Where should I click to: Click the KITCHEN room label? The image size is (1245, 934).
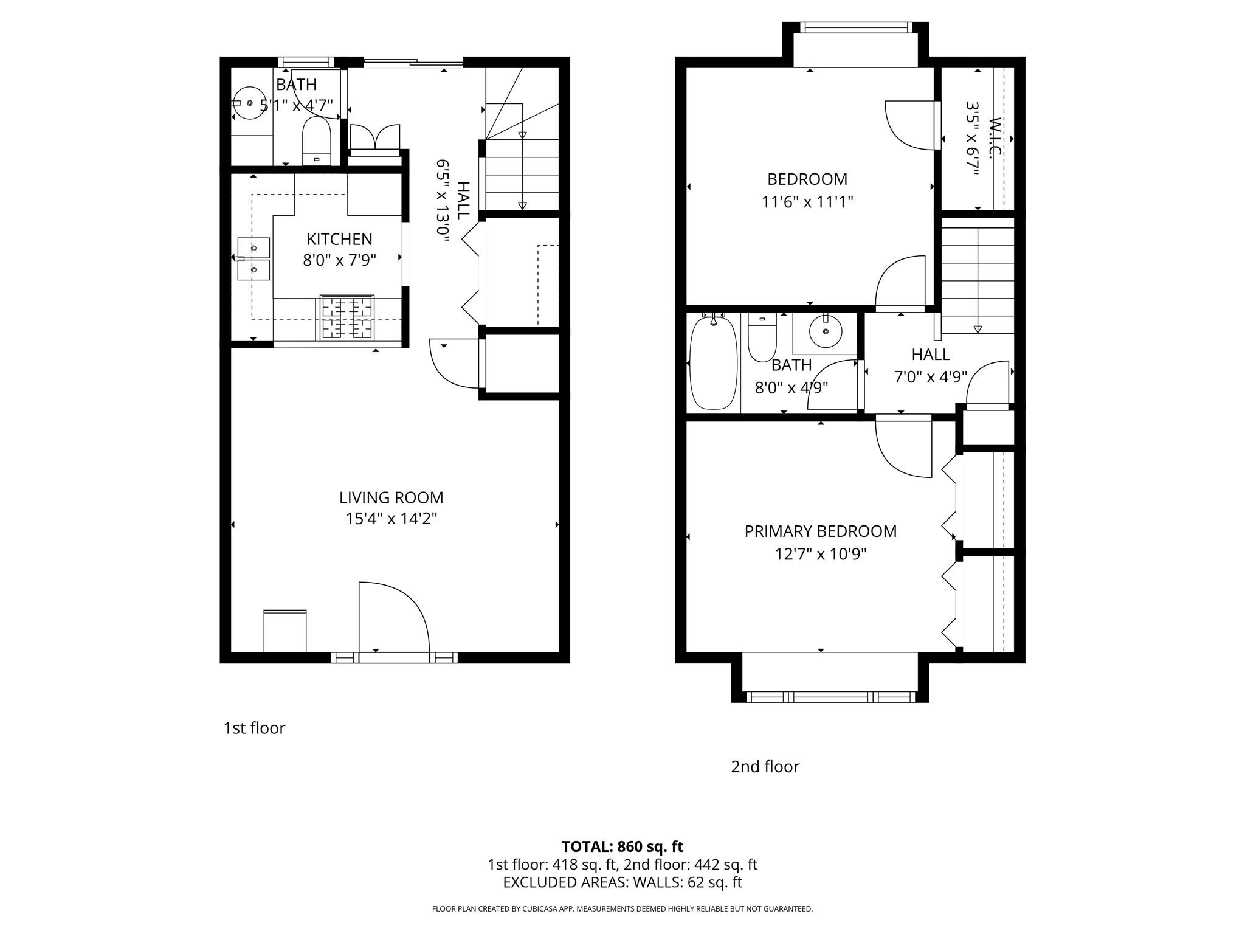(x=339, y=239)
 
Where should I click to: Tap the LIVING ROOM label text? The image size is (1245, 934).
(x=391, y=497)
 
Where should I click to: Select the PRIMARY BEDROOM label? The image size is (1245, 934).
(x=820, y=531)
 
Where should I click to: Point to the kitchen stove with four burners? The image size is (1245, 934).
(x=347, y=317)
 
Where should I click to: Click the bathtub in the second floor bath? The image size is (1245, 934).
(x=714, y=363)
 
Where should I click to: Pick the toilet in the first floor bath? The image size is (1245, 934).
(x=316, y=140)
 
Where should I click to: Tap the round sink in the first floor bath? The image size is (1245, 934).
(x=249, y=103)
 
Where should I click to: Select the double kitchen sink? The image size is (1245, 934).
(x=253, y=258)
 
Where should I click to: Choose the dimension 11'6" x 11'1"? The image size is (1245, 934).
(x=807, y=201)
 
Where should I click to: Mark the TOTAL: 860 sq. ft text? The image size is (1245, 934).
(x=622, y=846)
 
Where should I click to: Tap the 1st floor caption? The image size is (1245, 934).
(x=254, y=728)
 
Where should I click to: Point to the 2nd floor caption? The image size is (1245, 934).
(x=765, y=766)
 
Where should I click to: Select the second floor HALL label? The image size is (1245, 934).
(x=930, y=354)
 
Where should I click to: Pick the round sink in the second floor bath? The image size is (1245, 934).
(x=826, y=331)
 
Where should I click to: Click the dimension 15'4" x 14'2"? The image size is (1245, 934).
(x=391, y=519)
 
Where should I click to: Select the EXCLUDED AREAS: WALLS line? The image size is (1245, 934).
(x=622, y=882)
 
